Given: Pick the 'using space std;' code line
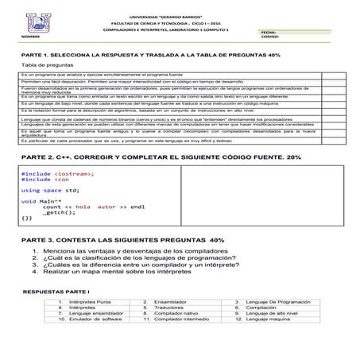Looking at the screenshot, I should [50, 191].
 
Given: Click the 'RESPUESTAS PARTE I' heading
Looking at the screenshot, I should [56, 292].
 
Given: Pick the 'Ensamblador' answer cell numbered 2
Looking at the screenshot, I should [170, 303].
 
